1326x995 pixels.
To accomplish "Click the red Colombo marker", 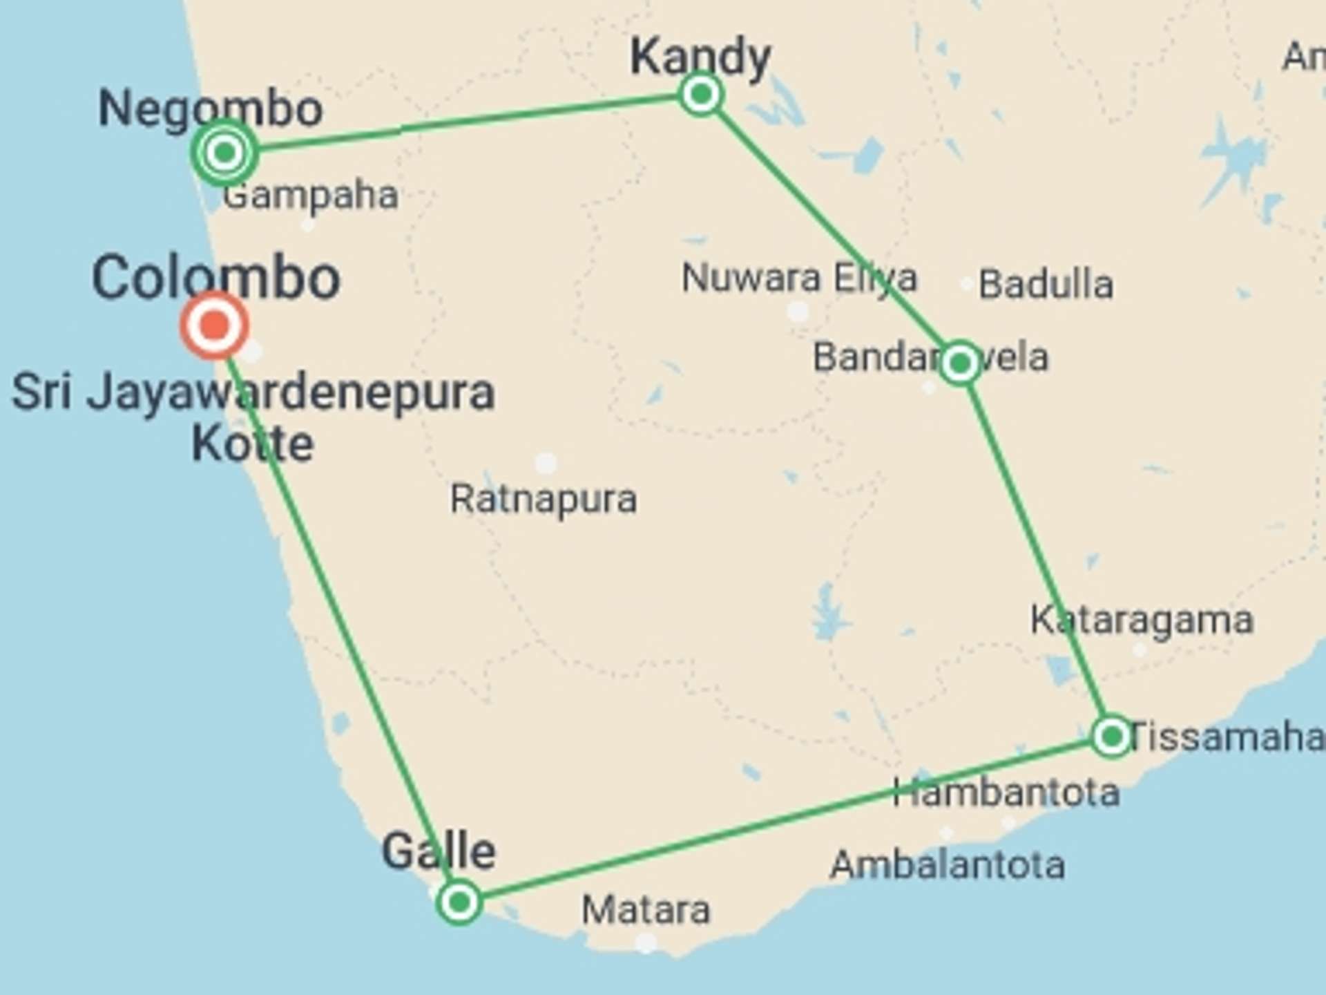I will [x=215, y=325].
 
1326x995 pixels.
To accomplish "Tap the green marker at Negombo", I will [x=224, y=152].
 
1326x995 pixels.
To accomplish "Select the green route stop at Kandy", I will [x=701, y=94].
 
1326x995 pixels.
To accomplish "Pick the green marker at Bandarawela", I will [x=960, y=363].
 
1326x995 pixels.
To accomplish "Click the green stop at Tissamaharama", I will [x=1111, y=737].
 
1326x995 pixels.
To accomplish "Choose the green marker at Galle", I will [x=459, y=902].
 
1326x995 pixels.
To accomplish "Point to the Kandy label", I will [x=700, y=57].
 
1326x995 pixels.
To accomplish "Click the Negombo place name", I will [x=211, y=108].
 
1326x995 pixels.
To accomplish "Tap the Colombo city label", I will [x=216, y=278].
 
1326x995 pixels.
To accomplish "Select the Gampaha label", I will [x=311, y=196].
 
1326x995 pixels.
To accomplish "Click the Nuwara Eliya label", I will [x=799, y=278].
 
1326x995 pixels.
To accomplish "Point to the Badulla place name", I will [x=1046, y=284].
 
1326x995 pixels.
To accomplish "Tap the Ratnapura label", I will [x=544, y=499].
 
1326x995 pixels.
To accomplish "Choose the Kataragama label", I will [x=1142, y=620].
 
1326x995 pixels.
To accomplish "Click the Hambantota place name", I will [x=1006, y=792].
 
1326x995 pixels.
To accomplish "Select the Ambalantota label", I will [x=948, y=865].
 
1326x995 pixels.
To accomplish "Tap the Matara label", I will [x=646, y=909].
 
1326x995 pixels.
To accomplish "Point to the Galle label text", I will [x=439, y=851].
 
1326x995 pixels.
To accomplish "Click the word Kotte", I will [x=253, y=444].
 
